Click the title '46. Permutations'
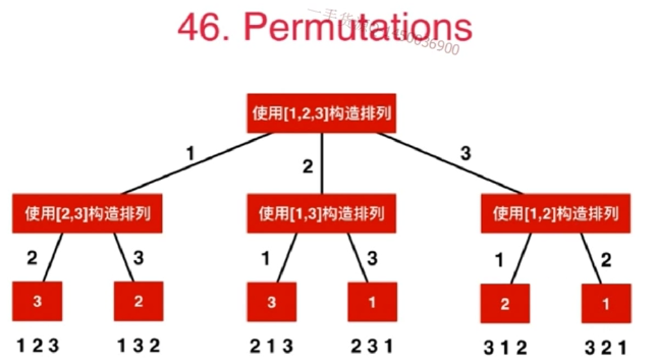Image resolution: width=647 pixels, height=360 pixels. click(x=324, y=28)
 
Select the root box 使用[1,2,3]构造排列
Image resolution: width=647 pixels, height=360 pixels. click(x=321, y=112)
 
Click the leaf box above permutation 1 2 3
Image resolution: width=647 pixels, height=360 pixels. click(x=37, y=301)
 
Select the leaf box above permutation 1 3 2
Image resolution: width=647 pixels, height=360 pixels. click(x=138, y=301)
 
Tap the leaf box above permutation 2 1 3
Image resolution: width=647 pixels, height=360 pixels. click(x=272, y=301)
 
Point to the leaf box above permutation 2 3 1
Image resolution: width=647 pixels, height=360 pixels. click(x=372, y=301)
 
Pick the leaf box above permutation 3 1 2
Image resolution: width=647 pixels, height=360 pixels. click(x=506, y=303)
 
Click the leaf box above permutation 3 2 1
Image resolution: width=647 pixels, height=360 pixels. click(x=606, y=303)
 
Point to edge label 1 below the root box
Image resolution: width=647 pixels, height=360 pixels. click(x=190, y=155)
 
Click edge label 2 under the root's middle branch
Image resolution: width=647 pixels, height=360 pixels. click(x=307, y=166)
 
